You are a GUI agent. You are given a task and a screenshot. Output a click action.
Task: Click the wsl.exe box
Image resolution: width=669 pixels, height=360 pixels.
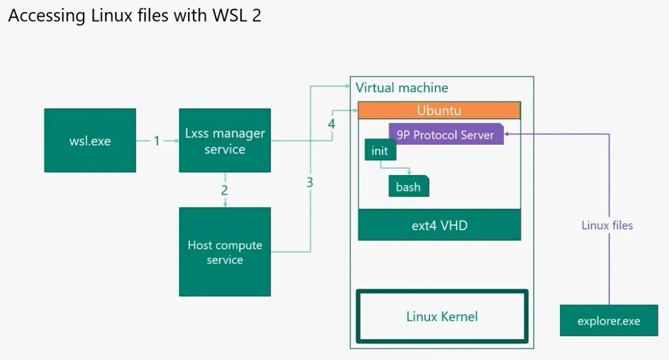pyautogui.click(x=90, y=140)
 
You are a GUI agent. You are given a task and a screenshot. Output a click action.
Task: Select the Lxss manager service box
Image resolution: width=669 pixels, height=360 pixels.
pyautogui.click(x=225, y=140)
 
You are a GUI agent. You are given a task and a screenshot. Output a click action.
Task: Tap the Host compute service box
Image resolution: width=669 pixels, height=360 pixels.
pyautogui.click(x=225, y=252)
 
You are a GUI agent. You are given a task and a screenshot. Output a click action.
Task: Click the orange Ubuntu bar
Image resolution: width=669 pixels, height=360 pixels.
pyautogui.click(x=439, y=110)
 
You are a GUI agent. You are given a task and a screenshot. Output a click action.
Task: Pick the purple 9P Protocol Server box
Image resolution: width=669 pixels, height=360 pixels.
pyautogui.click(x=446, y=134)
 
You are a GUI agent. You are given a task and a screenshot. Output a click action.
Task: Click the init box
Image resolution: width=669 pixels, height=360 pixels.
pyautogui.click(x=380, y=150)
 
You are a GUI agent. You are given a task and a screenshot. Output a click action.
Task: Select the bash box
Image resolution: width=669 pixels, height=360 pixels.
pyautogui.click(x=409, y=186)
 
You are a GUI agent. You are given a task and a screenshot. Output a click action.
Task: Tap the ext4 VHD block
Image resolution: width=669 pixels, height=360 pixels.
pyautogui.click(x=440, y=225)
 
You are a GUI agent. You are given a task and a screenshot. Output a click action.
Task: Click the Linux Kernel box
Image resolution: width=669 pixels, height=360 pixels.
pyautogui.click(x=442, y=316)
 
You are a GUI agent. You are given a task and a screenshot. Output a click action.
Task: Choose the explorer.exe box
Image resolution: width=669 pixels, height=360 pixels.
pyautogui.click(x=609, y=320)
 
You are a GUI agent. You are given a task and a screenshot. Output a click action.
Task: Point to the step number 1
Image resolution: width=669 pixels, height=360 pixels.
pyautogui.click(x=157, y=141)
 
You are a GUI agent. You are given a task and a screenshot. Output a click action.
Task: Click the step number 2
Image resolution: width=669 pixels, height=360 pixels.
pyautogui.click(x=224, y=190)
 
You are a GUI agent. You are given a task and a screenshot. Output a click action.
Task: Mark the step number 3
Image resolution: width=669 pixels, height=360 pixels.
pyautogui.click(x=310, y=182)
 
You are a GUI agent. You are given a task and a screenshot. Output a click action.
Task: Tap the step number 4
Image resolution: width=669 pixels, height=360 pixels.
pyautogui.click(x=331, y=124)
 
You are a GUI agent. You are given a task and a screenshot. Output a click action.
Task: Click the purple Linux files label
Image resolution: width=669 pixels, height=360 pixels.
pyautogui.click(x=607, y=225)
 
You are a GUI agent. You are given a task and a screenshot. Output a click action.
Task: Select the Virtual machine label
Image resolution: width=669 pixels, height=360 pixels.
pyautogui.click(x=402, y=88)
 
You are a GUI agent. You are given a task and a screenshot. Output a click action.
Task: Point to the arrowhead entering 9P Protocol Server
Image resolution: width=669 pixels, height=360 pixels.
pyautogui.click(x=506, y=134)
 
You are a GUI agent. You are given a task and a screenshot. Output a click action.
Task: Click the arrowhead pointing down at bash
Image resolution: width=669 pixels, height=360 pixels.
pyautogui.click(x=409, y=173)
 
